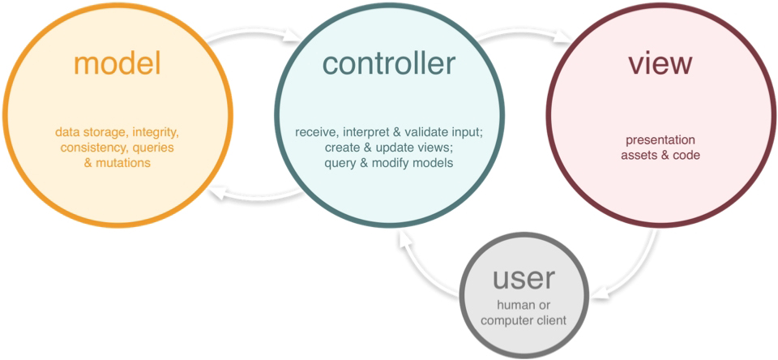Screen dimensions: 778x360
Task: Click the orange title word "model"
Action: click(x=118, y=63)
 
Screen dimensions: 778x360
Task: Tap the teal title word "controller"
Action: click(x=389, y=63)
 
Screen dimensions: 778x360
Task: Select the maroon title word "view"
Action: click(x=660, y=63)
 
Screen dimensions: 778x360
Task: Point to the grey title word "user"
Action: click(x=524, y=279)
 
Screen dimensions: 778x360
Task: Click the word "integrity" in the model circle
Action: click(x=156, y=133)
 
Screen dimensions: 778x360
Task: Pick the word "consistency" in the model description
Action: click(x=88, y=148)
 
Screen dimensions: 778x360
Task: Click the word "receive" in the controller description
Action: click(x=313, y=133)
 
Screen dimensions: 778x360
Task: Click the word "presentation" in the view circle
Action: click(x=660, y=140)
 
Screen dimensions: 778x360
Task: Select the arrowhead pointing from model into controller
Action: click(x=294, y=36)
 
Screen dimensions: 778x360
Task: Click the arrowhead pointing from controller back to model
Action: click(x=217, y=196)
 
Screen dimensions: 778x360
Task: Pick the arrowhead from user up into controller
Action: click(x=404, y=240)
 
